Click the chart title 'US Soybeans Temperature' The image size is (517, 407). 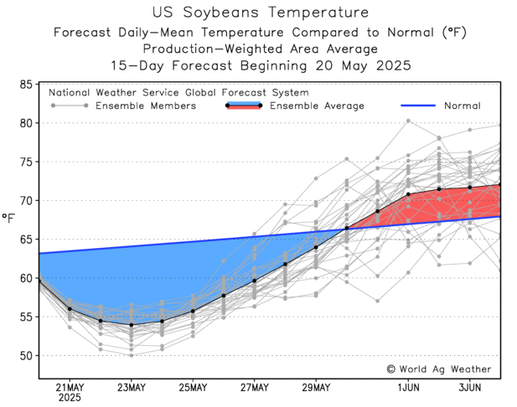tap(261, 13)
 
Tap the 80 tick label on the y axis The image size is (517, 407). tap(27, 123)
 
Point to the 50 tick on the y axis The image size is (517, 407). tap(27, 355)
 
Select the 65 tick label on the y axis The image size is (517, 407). tap(27, 240)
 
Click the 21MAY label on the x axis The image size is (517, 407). tap(69, 387)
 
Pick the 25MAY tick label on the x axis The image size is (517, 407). tap(193, 387)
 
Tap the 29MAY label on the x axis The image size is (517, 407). tap(316, 387)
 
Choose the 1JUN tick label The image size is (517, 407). tap(409, 387)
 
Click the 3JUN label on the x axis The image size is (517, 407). tap(470, 387)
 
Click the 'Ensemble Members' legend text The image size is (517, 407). tap(146, 106)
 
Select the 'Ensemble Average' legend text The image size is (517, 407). tap(316, 106)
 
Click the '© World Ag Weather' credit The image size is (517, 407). tap(438, 368)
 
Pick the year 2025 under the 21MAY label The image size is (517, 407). tap(69, 398)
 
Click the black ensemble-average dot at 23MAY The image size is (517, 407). tap(131, 325)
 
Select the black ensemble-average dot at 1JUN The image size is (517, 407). tap(409, 194)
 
